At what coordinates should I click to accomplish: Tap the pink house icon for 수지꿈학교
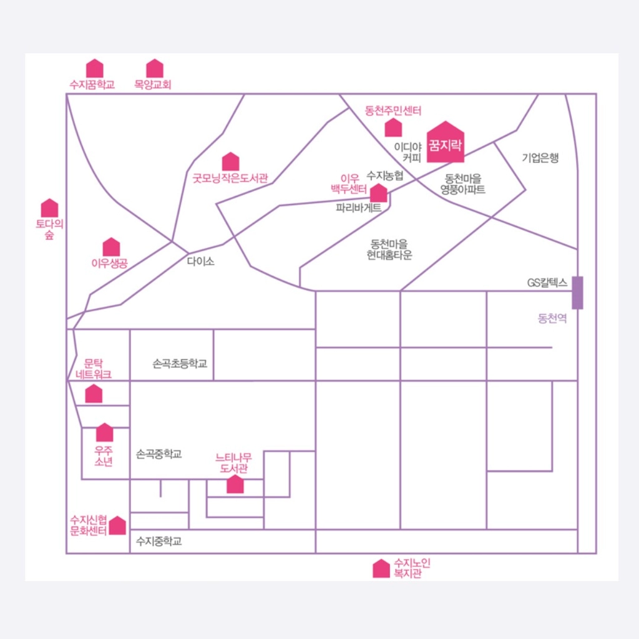94,69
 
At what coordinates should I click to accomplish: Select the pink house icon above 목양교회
154,69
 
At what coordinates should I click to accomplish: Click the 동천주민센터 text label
393,111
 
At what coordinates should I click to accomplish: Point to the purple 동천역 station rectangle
577,292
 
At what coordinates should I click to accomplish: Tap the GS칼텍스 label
547,283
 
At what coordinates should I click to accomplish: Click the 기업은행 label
540,158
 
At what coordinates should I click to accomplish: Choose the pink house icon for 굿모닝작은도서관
230,162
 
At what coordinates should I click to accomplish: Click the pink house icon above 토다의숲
49,208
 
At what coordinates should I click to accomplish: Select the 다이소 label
200,261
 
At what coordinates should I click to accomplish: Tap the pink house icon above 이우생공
111,247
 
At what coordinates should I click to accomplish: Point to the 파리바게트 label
358,208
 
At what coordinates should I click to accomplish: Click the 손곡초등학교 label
180,363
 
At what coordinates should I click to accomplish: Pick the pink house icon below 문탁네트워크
94,394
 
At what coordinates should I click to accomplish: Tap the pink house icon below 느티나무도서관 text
235,484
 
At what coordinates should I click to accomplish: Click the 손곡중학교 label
159,454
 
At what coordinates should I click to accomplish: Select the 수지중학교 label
159,542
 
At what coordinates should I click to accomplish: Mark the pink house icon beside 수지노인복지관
381,568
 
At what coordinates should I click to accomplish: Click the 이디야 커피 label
408,153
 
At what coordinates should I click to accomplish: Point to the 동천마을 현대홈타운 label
389,249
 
